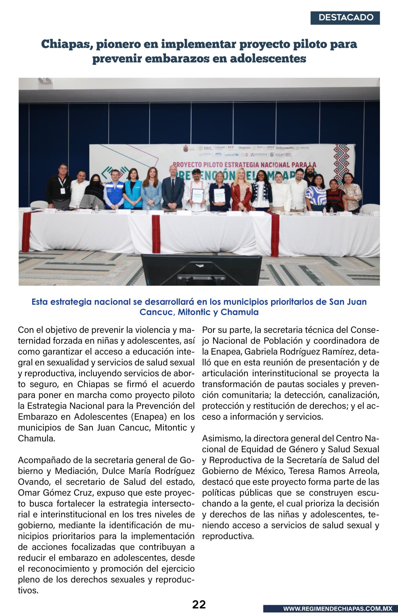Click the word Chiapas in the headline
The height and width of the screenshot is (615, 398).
pos(67,44)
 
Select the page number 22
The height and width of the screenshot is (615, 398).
pos(199,604)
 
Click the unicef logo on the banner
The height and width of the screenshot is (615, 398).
pos(231,154)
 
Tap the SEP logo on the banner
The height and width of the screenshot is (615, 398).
pos(231,147)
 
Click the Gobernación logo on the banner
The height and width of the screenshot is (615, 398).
pos(285,148)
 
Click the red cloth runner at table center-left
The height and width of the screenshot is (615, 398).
pos(156,234)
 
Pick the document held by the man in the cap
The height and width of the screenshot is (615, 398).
pos(198,195)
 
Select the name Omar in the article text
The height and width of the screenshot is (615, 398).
pos(29,493)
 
